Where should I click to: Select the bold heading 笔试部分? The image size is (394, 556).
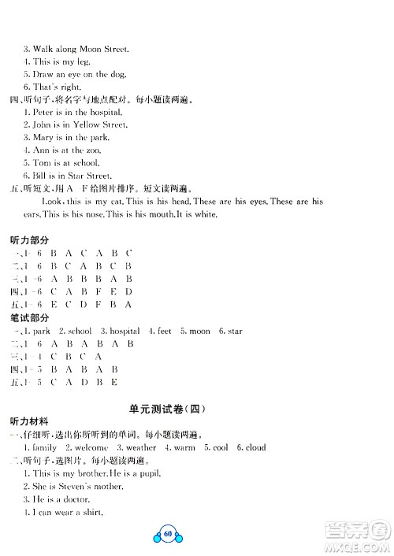[x=28, y=318]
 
